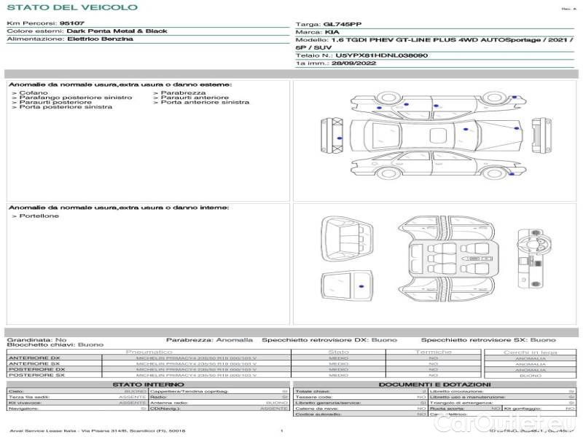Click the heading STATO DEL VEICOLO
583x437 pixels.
[71, 7]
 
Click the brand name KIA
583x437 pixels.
[332, 33]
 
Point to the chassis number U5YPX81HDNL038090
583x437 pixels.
[382, 55]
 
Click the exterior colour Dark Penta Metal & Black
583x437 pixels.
[117, 31]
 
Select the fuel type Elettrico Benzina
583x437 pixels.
[100, 39]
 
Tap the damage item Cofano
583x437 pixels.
[34, 93]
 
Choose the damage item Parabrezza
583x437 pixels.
[184, 93]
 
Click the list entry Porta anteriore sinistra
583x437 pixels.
[205, 102]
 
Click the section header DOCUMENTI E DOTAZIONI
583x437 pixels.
[434, 385]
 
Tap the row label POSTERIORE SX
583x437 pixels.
[36, 375]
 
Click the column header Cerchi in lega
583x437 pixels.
[530, 353]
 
